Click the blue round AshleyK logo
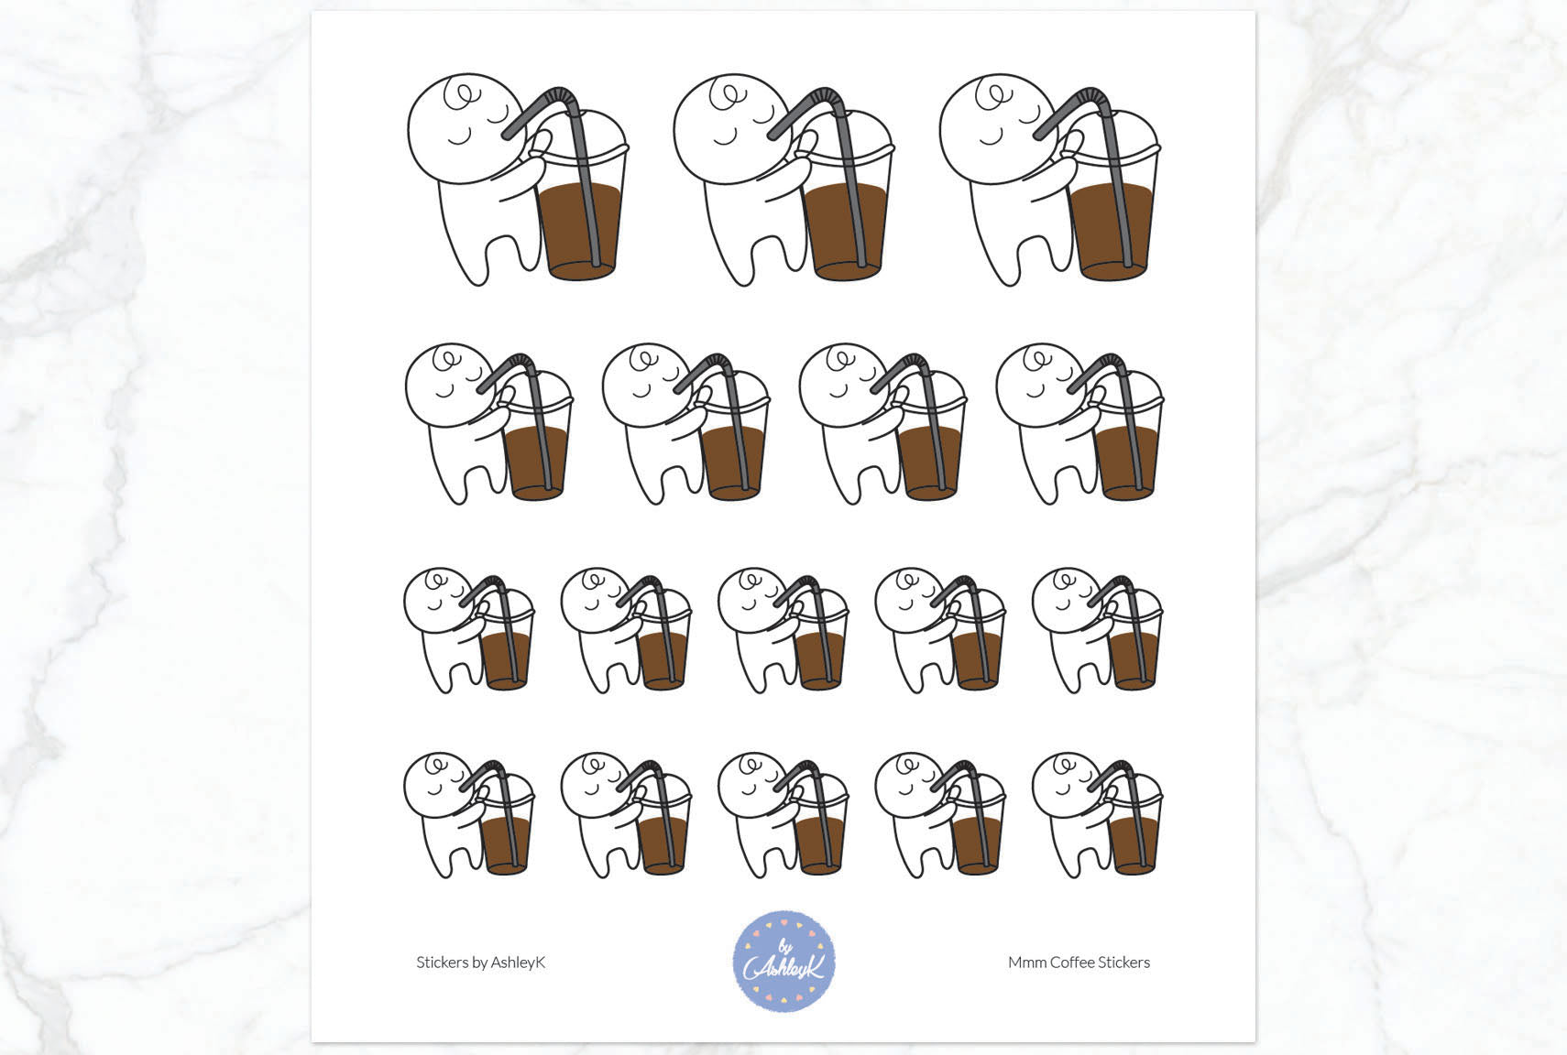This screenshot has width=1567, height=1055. tap(783, 962)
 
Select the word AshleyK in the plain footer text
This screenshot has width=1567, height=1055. tap(518, 963)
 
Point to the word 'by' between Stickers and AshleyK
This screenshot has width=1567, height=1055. tap(480, 963)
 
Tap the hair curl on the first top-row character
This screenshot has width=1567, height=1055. tap(463, 96)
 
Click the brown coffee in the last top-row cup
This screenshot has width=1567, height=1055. tap(1112, 232)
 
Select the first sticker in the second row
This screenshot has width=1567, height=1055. tap(489, 423)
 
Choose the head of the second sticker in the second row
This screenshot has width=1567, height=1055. tap(646, 386)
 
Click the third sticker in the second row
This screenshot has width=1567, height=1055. tap(882, 423)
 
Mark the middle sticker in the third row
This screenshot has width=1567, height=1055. tap(783, 630)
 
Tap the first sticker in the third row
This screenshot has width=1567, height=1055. tap(469, 630)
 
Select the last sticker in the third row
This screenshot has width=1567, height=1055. tap(1098, 630)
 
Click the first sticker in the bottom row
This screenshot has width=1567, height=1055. tap(469, 815)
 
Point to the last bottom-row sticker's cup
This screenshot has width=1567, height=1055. tap(1134, 825)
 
